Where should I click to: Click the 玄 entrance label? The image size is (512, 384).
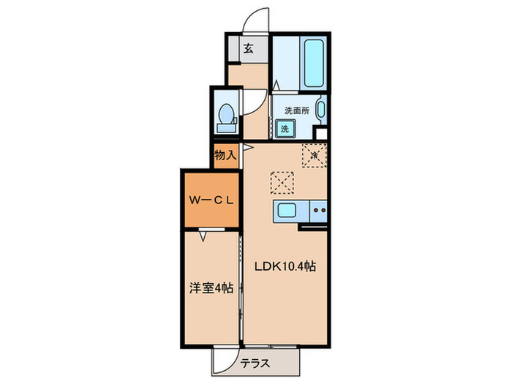click(249, 50)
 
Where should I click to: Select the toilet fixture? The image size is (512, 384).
click(227, 116)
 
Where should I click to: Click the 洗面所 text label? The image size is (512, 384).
click(296, 110)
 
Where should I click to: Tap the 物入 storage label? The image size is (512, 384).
click(225, 156)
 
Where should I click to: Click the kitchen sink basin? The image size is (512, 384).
click(286, 212)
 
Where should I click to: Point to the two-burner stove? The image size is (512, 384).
click(319, 211)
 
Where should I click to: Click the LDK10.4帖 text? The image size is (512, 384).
click(285, 267)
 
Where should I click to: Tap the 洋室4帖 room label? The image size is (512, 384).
click(209, 288)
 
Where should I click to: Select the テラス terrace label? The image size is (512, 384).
click(257, 362)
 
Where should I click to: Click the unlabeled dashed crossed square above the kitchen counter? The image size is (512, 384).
click(281, 180)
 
